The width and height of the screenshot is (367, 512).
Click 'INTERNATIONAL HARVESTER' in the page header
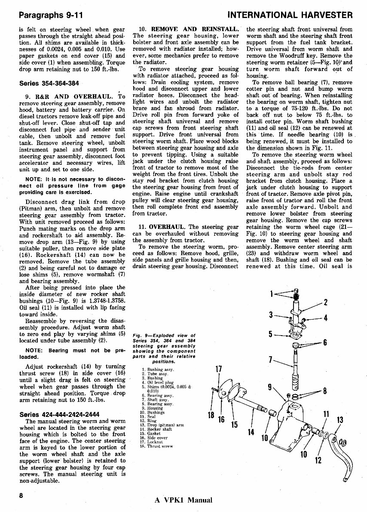pyautogui.click(x=290, y=15)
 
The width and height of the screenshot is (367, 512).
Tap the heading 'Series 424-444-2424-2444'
pyautogui.click(x=59, y=414)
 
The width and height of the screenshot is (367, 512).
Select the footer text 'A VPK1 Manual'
pyautogui.click(x=183, y=500)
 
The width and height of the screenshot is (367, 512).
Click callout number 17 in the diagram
pyautogui.click(x=218, y=369)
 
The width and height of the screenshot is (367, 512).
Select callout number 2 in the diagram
pyautogui.click(x=326, y=302)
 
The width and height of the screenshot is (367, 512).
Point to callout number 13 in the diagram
pyautogui.click(x=339, y=419)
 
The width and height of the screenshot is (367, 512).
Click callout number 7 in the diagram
pyautogui.click(x=270, y=360)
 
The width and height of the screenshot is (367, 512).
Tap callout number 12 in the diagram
pyautogui.click(x=318, y=460)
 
